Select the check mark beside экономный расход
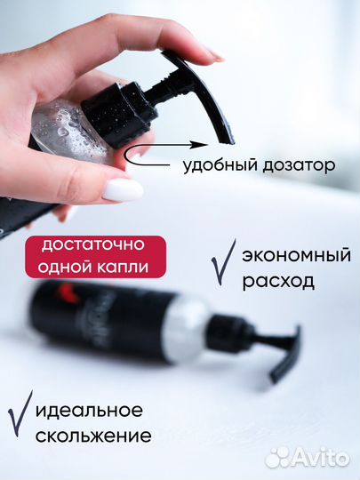[x=222, y=263]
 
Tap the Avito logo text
[x=321, y=458]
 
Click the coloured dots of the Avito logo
[x=279, y=457]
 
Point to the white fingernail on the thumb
[x=123, y=189]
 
